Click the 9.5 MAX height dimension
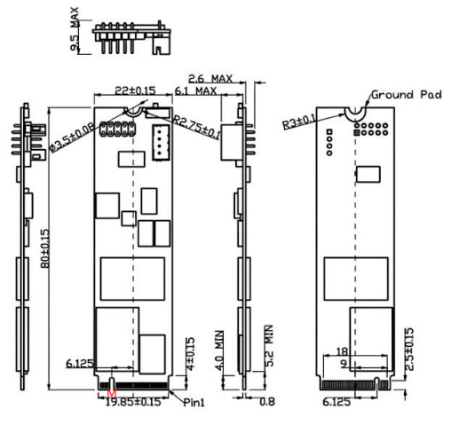[x=75, y=28]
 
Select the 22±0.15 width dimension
[x=135, y=91]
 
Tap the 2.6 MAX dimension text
[x=210, y=79]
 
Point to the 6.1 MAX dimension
[x=195, y=91]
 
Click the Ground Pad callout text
[x=407, y=95]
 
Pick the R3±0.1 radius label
[x=299, y=122]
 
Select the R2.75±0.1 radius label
[x=196, y=128]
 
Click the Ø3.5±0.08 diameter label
[x=72, y=138]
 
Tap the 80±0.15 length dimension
[x=45, y=248]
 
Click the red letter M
[x=112, y=393]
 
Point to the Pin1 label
[x=194, y=402]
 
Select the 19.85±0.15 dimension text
[x=133, y=402]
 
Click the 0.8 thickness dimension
[x=267, y=401]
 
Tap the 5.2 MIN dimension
[x=269, y=346]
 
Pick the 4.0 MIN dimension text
[x=219, y=350]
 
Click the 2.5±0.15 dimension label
[x=409, y=349]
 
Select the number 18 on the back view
[x=342, y=351]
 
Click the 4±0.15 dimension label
[x=190, y=354]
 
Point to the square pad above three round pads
[x=329, y=131]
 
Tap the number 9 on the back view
[x=344, y=364]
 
